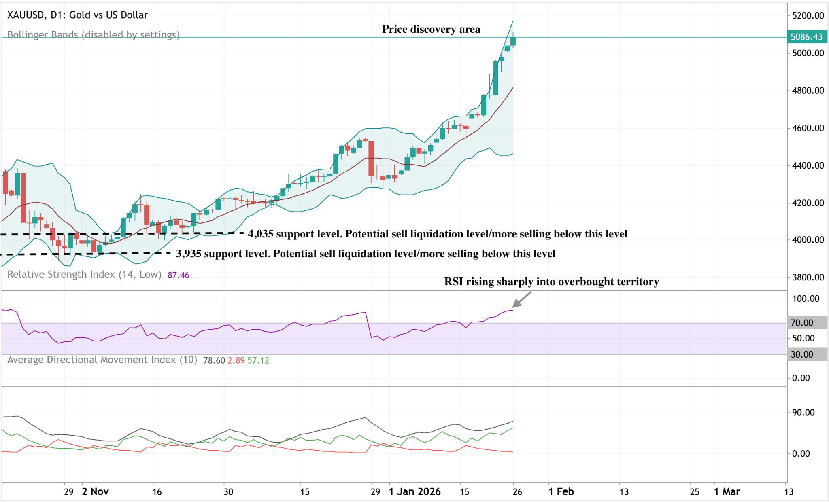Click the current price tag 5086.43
click(x=806, y=37)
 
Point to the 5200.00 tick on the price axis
click(x=808, y=16)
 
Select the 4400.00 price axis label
click(x=808, y=165)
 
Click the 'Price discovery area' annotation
click(x=431, y=29)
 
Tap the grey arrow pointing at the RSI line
click(x=521, y=300)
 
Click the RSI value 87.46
click(x=178, y=275)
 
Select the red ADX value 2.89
click(x=236, y=360)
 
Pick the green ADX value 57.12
click(x=258, y=360)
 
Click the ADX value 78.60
click(x=214, y=360)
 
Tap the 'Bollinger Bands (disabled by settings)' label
click(x=93, y=35)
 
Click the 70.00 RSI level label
click(x=802, y=323)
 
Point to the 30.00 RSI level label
click(x=802, y=354)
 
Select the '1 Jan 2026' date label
click(x=414, y=491)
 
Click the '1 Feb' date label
click(x=561, y=491)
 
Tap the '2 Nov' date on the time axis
click(x=95, y=491)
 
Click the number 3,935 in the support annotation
click(x=188, y=254)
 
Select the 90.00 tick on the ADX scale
click(x=803, y=413)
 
